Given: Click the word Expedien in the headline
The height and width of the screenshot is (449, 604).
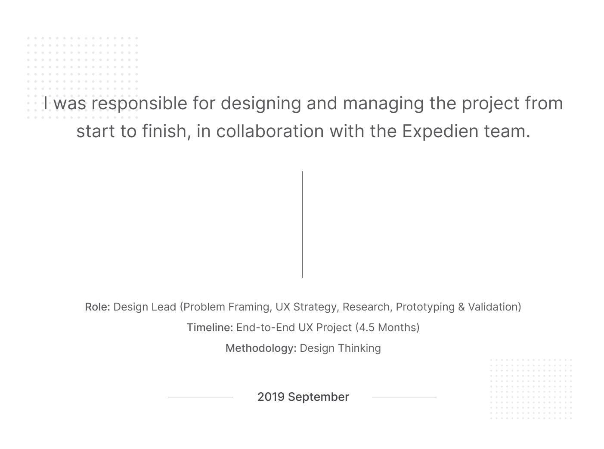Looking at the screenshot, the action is [x=440, y=132].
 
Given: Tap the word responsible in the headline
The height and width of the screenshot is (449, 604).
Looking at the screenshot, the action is [x=139, y=103].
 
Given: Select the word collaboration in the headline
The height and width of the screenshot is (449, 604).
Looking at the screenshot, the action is [x=270, y=131].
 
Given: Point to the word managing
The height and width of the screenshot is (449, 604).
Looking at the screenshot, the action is [x=383, y=104].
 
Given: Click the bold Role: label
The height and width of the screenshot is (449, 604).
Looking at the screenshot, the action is [x=97, y=307].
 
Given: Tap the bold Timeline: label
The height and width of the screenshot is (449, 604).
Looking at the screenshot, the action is [x=210, y=327].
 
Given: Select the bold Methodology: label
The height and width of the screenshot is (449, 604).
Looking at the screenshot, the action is [x=261, y=348].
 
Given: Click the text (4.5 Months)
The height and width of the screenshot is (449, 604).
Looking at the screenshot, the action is [x=387, y=327].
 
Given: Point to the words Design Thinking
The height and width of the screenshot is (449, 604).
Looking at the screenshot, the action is [x=340, y=348].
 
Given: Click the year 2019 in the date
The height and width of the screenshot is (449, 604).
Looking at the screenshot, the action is [x=271, y=397].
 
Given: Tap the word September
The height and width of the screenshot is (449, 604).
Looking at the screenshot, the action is [x=318, y=397].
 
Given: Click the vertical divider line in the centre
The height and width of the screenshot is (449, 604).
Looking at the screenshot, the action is [x=302, y=224].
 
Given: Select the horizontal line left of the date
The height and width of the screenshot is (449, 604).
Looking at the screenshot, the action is [x=201, y=397].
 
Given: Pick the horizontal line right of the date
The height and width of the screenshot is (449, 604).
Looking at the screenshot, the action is [x=404, y=397].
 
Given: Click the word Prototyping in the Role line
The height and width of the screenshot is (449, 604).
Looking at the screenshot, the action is [x=425, y=307].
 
